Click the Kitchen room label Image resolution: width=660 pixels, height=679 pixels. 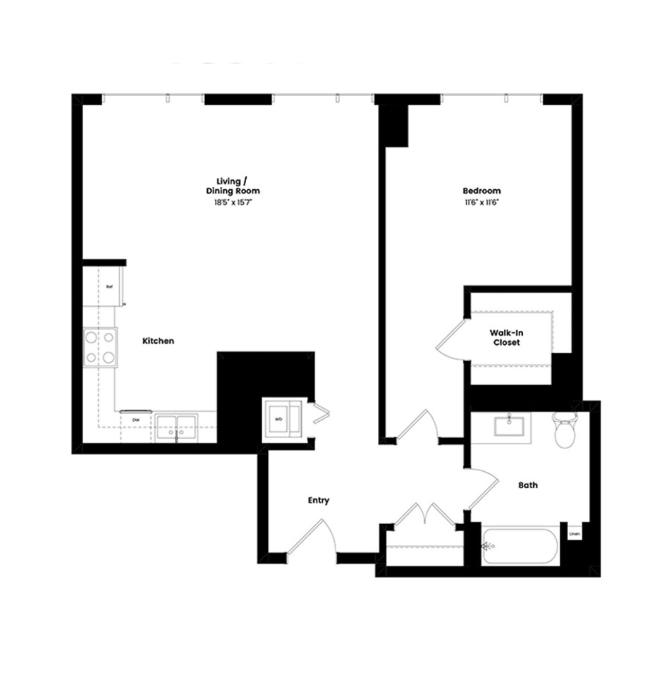coord(158,341)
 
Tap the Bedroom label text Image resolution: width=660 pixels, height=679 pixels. coord(482,191)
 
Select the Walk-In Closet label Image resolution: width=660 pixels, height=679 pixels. coord(506,338)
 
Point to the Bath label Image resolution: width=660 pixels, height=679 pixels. coord(528,485)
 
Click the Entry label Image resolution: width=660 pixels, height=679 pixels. coord(318,500)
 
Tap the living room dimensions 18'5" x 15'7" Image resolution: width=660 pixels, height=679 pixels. coord(234,202)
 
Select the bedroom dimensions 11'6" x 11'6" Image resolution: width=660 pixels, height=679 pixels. coord(482,202)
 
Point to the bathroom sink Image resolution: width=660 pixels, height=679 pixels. coord(508,426)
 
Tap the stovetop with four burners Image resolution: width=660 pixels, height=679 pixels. coord(100,347)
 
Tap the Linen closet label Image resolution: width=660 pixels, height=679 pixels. coord(575,534)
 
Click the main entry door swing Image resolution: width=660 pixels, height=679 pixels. coord(314,538)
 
